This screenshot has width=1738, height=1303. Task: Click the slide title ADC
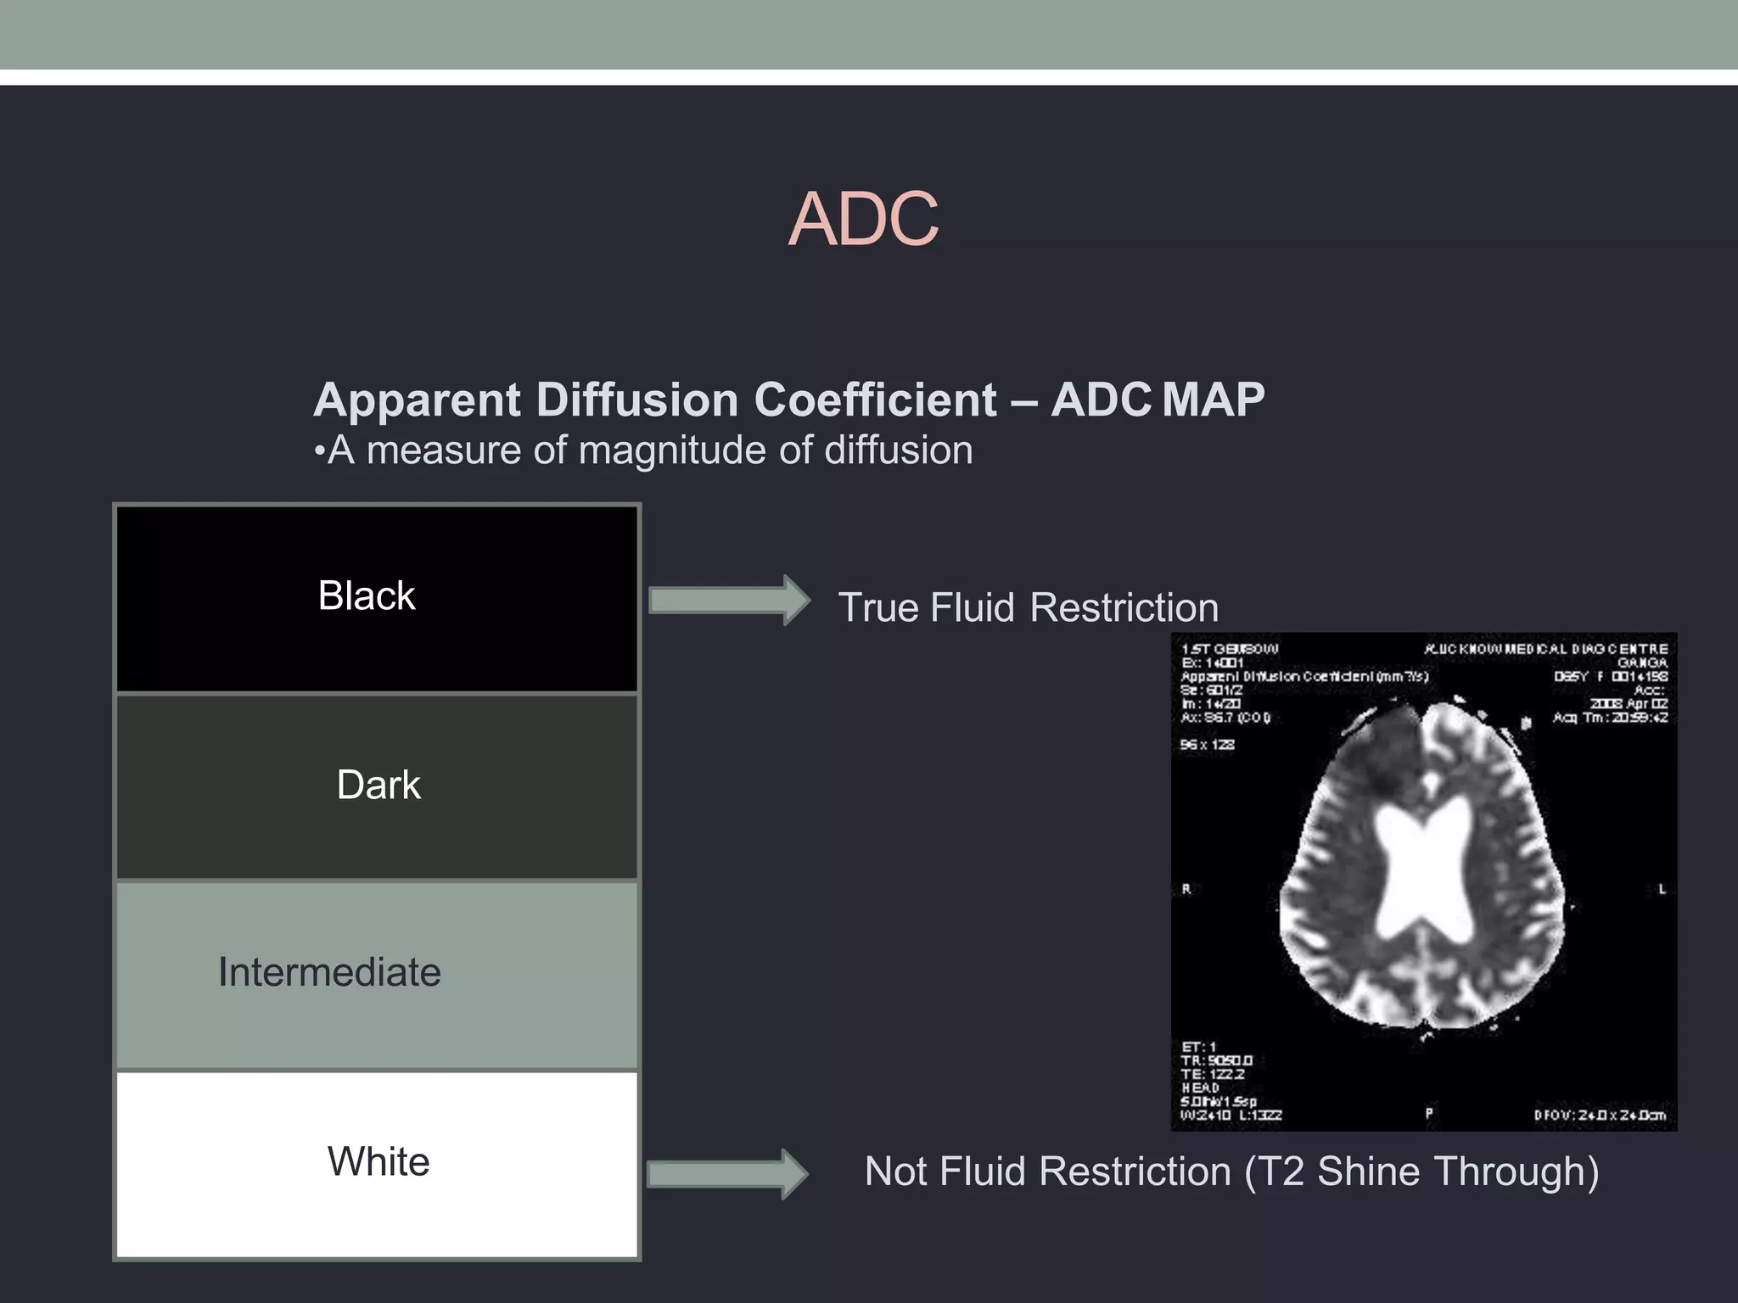click(863, 220)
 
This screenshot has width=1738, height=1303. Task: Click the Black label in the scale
click(367, 596)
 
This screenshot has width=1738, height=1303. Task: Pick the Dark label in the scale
click(378, 785)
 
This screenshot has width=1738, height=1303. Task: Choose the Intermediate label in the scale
click(329, 972)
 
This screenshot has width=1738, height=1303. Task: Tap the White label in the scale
click(378, 1161)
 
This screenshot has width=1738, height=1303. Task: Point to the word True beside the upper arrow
click(879, 608)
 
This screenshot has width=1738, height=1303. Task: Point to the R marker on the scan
click(1186, 889)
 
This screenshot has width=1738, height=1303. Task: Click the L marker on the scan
click(1662, 889)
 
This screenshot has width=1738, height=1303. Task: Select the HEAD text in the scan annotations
click(1200, 1088)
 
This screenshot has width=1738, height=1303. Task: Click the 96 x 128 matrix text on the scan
click(1207, 745)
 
